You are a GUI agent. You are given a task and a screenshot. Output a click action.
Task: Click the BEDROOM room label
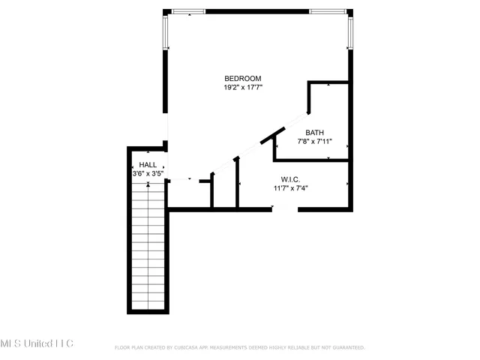(x=242, y=79)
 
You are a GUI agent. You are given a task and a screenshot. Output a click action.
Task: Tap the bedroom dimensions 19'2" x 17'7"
(x=242, y=88)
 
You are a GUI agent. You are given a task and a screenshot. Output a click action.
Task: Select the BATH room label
(x=314, y=132)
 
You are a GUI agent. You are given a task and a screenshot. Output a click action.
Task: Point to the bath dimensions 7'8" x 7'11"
(x=314, y=141)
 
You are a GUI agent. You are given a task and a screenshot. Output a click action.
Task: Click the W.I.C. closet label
(x=291, y=179)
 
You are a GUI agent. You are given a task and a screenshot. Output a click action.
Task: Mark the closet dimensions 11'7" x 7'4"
(x=291, y=188)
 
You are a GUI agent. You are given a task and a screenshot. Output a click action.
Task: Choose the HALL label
(x=148, y=165)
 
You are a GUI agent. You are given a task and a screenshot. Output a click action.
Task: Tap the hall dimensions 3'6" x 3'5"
(x=148, y=174)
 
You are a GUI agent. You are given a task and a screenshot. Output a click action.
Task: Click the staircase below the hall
(x=148, y=247)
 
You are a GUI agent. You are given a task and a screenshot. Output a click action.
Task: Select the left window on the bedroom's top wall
(x=188, y=11)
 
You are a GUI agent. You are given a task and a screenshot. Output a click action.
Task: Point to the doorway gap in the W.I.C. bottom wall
(x=285, y=209)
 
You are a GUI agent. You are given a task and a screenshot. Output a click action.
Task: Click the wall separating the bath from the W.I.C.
(x=311, y=160)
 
